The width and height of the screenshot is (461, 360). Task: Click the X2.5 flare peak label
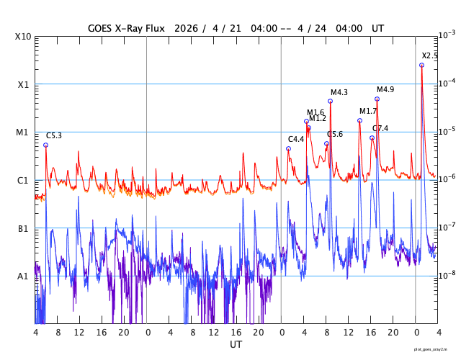429,55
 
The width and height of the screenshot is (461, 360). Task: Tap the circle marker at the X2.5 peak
421,65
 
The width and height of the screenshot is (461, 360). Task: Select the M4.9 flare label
385,89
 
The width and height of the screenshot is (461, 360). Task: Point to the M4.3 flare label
339,92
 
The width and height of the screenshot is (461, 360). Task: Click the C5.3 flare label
54,135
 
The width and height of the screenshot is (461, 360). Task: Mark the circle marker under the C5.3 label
45,145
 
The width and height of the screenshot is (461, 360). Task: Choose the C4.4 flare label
296,139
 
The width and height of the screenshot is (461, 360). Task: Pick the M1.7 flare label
368,111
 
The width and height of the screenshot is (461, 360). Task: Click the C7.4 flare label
380,128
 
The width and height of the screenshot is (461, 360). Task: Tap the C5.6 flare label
335,134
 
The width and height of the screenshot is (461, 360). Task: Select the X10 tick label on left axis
24,37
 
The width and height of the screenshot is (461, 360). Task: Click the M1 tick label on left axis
22,132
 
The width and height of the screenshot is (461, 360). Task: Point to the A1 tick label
22,276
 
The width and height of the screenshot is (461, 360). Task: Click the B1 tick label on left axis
22,229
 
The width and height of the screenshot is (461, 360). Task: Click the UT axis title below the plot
236,345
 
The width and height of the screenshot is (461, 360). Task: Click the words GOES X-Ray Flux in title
126,28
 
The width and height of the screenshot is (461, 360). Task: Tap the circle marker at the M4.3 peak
330,101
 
